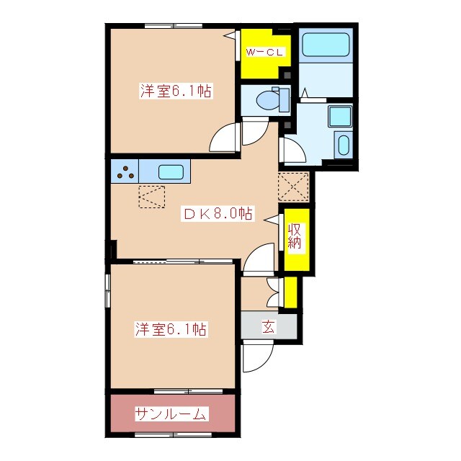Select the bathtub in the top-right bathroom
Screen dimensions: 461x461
(326, 45)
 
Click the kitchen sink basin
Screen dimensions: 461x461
(171, 173)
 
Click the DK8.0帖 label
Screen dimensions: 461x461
(216, 213)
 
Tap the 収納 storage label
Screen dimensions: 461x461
(296, 237)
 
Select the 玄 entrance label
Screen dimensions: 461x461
(268, 326)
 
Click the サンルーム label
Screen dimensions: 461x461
(171, 414)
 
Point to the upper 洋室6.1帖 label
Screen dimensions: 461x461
(175, 92)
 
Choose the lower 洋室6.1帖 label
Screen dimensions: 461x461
(171, 330)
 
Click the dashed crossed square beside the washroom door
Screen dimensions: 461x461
(294, 187)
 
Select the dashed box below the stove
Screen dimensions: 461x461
(151, 196)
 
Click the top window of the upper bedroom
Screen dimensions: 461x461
(172, 26)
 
